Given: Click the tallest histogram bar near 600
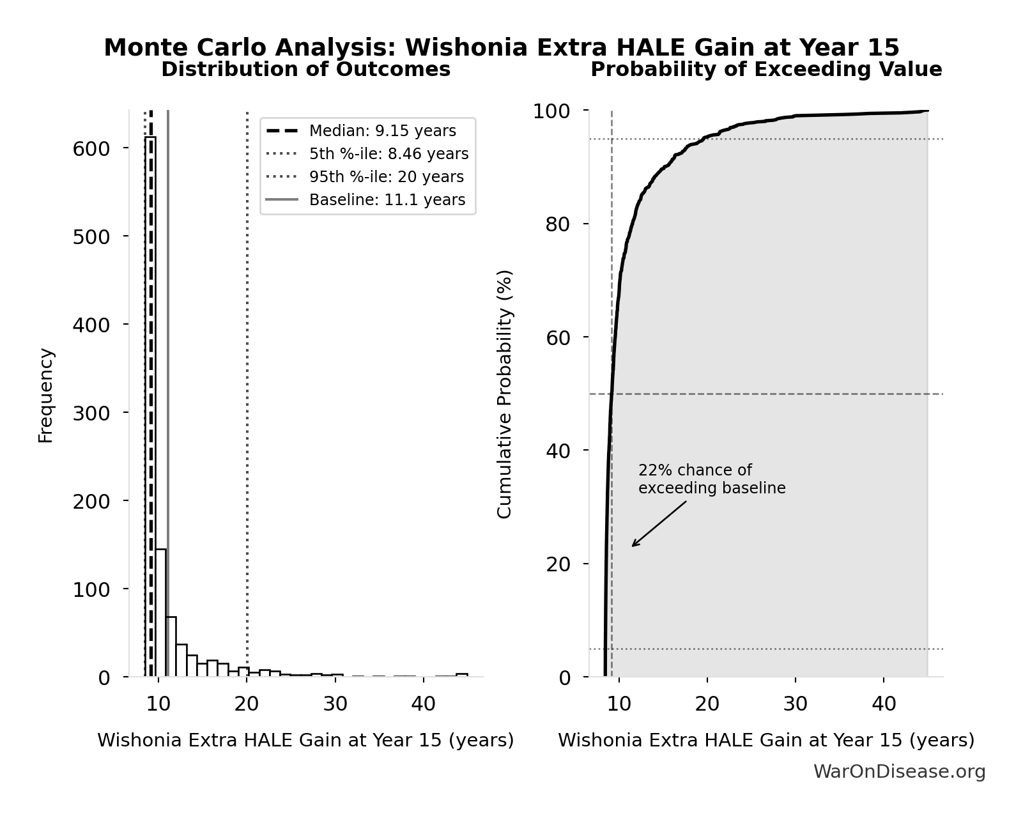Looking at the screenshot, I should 150,409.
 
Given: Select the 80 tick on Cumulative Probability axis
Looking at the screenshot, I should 558,224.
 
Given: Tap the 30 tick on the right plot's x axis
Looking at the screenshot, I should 796,704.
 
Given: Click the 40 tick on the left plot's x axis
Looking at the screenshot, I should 423,704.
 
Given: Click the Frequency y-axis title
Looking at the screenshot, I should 46,395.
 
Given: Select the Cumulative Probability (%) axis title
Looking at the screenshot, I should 505,394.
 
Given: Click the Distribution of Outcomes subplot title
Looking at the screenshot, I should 305,70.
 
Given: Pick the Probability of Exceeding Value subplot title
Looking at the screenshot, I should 765,70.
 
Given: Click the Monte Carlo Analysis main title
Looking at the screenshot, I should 501,47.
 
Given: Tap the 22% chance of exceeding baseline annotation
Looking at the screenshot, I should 711,479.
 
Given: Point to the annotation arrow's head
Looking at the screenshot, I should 633,546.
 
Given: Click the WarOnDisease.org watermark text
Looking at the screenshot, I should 899,771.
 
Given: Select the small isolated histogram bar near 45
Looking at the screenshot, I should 462,674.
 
